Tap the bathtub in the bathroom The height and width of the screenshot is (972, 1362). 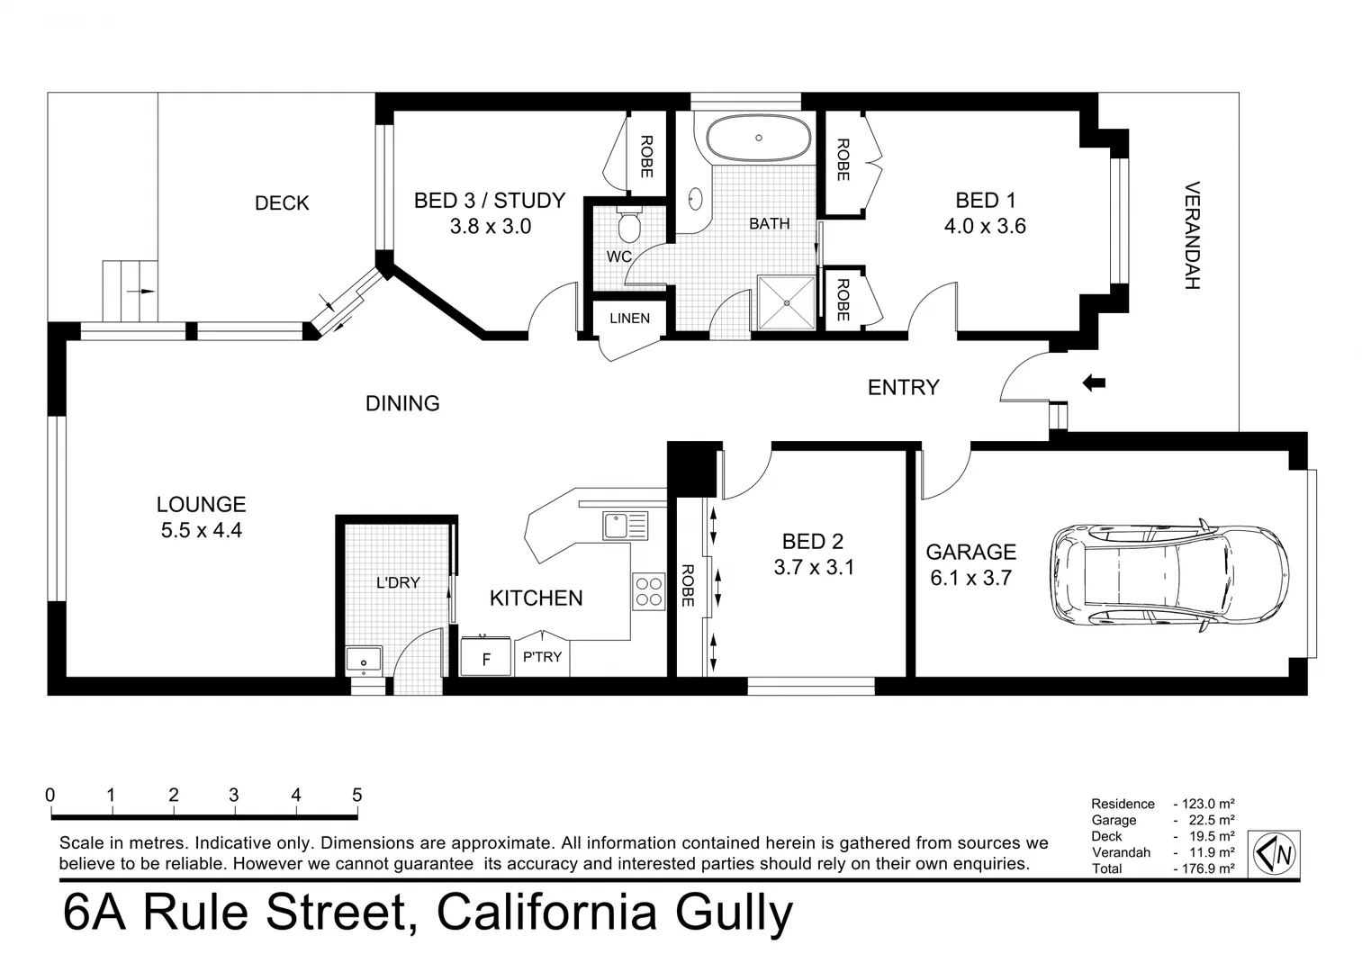point(759,138)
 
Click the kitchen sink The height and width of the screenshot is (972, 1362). point(625,525)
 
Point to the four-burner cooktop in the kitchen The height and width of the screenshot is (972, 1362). point(648,591)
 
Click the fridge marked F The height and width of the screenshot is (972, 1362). point(486,658)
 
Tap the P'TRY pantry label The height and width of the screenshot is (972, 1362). point(542,657)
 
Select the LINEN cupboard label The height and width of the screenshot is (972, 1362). point(629,318)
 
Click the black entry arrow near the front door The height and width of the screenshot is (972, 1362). point(1093,383)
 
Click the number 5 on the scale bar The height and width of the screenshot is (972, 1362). point(357,796)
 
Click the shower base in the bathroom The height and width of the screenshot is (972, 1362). point(786,302)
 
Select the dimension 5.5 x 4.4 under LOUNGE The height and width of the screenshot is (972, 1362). point(202,531)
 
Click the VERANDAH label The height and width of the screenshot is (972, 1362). point(1192,236)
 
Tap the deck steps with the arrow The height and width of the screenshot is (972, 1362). point(131,291)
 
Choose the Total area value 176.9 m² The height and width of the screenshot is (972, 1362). point(1204,868)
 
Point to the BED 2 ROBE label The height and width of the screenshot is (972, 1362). point(688,585)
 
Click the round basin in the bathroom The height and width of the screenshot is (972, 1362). point(696,198)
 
